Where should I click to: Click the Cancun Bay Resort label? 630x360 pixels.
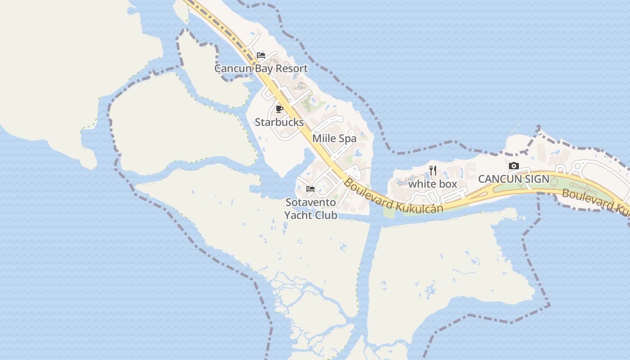click(x=261, y=69)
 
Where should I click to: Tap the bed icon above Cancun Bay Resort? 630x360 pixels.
click(x=261, y=55)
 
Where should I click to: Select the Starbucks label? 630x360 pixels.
click(x=279, y=122)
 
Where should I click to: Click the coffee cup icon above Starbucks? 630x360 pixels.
click(x=279, y=109)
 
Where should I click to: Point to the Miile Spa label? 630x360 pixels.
click(x=334, y=139)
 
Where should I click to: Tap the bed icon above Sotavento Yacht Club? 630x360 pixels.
click(x=310, y=189)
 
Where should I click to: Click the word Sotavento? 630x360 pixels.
click(x=310, y=202)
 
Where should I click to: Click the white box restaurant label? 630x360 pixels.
click(x=432, y=184)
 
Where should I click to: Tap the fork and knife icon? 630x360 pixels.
click(x=433, y=171)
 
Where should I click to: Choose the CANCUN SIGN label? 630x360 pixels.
click(x=513, y=179)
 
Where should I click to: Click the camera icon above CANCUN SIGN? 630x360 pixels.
click(x=513, y=166)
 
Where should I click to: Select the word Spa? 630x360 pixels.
click(x=348, y=139)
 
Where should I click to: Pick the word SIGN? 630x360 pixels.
click(x=536, y=179)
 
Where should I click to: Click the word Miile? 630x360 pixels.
click(x=325, y=139)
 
